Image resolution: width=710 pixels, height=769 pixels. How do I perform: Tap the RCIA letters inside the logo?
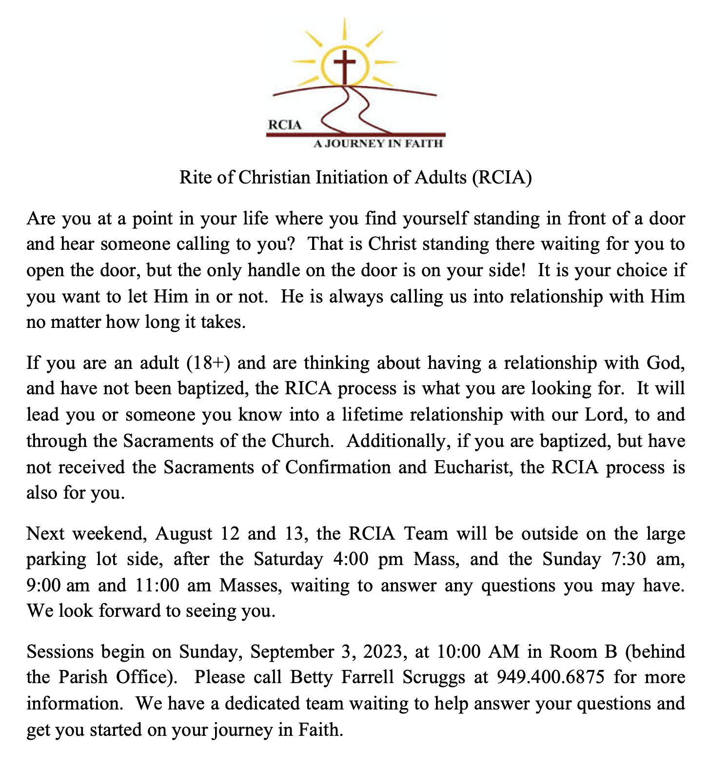pos(285,124)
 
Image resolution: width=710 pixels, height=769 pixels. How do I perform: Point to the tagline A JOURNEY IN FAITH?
pos(378,143)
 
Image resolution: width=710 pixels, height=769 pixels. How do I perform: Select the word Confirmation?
pos(338,467)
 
